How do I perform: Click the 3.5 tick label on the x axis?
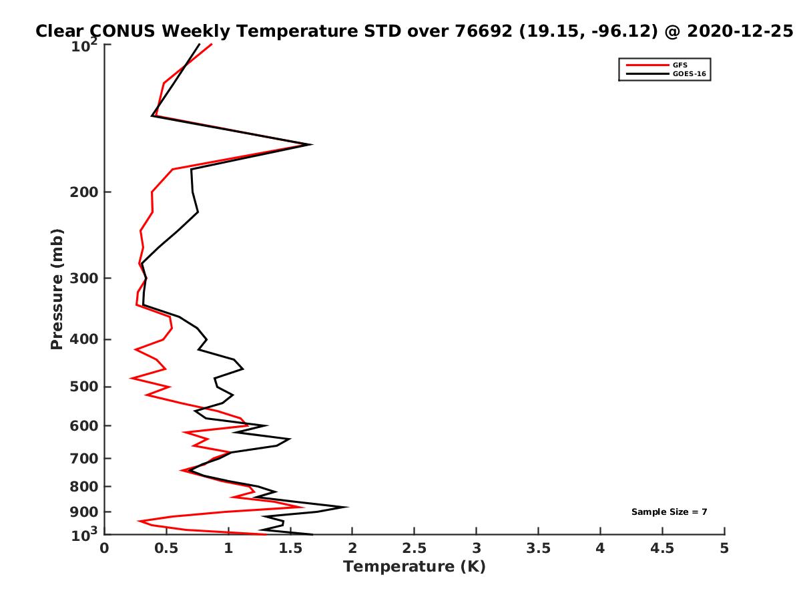(538, 548)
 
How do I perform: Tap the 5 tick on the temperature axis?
(724, 548)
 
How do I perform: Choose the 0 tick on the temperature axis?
(105, 548)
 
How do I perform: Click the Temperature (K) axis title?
(414, 567)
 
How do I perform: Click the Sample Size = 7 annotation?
(669, 512)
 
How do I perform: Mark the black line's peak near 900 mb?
(347, 507)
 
